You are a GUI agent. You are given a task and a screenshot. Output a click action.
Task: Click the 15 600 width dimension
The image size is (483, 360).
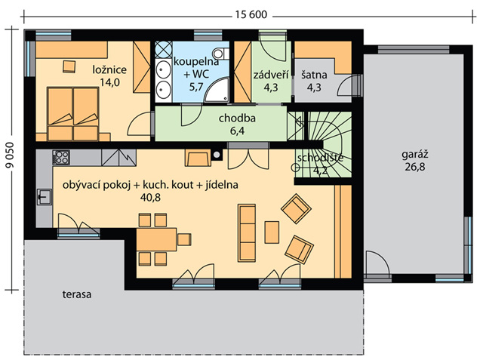(251, 15)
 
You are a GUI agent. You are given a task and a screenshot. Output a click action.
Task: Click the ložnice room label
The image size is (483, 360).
(109, 69)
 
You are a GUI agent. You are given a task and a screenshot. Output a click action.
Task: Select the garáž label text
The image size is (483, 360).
(415, 155)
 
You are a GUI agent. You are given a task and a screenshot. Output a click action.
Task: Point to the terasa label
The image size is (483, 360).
(77, 294)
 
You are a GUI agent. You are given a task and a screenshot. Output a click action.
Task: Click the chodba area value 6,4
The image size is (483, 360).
(237, 131)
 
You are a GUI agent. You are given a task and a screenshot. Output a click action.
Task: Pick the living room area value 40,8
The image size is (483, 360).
(150, 198)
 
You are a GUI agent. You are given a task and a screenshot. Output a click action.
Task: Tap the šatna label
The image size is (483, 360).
(314, 75)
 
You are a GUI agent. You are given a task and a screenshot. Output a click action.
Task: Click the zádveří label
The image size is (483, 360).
(271, 75)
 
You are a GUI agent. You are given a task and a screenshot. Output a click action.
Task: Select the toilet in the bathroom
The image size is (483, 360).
(221, 54)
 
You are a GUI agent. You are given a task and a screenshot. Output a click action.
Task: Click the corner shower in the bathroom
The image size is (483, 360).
(217, 90)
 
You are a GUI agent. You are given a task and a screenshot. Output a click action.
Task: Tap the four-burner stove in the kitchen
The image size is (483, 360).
(61, 157)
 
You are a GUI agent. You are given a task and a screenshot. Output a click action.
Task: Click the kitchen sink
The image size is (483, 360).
(45, 197)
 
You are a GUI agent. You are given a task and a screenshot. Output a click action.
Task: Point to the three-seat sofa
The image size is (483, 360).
(247, 232)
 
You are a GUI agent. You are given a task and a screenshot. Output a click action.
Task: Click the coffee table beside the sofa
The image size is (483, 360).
(272, 232)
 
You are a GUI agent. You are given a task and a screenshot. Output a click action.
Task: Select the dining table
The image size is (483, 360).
(156, 239)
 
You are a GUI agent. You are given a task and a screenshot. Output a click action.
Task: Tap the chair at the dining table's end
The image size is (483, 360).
(184, 239)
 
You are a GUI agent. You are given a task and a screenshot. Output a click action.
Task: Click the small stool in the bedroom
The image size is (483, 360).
(69, 67)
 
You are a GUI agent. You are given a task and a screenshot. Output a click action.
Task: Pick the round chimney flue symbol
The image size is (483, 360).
(217, 155)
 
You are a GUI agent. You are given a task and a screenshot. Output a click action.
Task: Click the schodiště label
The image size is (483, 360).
(320, 158)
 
